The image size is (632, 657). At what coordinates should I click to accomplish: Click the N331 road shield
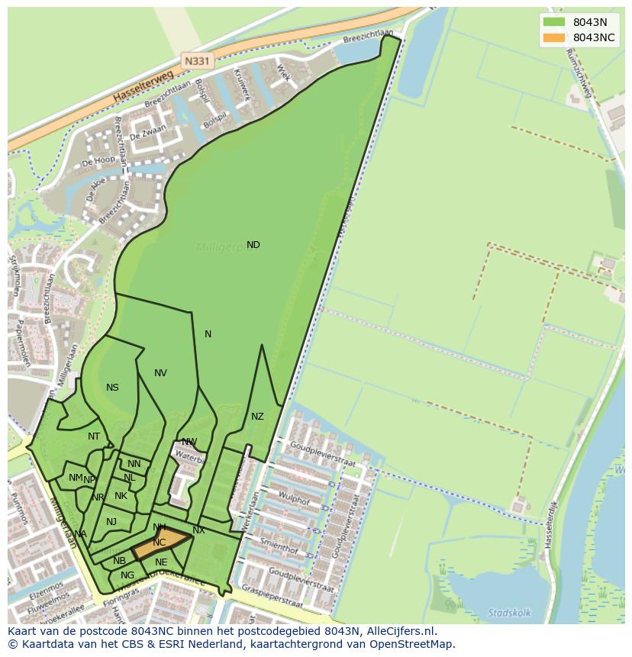point(197,59)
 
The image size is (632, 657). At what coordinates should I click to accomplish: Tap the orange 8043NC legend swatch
point(554,37)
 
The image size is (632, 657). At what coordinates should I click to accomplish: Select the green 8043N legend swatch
point(554,22)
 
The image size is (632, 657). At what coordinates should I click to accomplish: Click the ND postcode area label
point(253,245)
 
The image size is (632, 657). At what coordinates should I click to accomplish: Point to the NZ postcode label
point(257,417)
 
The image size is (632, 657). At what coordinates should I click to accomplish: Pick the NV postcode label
point(160,373)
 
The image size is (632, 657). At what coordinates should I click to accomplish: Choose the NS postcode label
point(112,388)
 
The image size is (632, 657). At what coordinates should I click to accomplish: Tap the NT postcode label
point(94,436)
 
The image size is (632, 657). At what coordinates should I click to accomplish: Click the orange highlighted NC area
point(160,543)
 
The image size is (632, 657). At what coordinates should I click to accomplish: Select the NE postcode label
point(161,562)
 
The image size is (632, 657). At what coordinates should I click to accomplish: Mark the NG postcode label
point(127,575)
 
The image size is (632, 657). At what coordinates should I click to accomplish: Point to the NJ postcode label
point(111,522)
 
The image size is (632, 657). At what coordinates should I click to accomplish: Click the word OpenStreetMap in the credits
point(411,644)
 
